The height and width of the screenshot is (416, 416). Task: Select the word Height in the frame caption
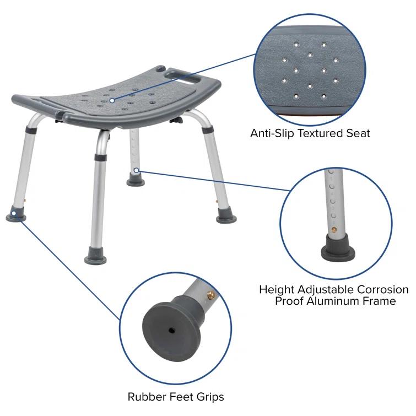[x=277, y=290]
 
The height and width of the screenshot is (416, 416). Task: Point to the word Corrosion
[x=381, y=290]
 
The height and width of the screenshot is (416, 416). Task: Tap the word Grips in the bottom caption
[x=209, y=397]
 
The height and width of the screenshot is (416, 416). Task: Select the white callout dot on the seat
[x=112, y=100]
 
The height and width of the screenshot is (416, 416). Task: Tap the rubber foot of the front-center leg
[x=98, y=256]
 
